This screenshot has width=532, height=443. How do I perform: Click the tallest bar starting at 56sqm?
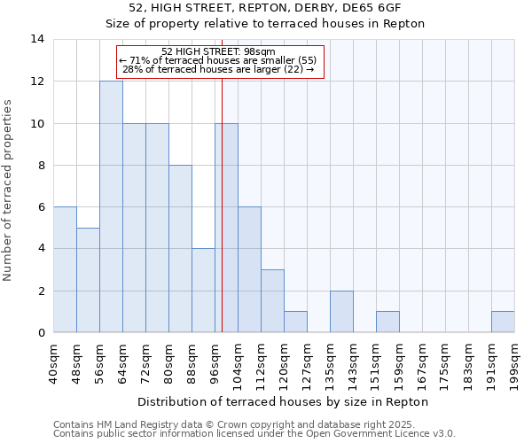[x=111, y=206]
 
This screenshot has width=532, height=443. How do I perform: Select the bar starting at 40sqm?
[x=65, y=269]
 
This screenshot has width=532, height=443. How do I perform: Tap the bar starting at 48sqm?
[x=88, y=280]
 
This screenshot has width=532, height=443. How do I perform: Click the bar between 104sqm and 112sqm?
[x=249, y=269]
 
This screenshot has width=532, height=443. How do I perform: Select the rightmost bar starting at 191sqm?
[x=503, y=323]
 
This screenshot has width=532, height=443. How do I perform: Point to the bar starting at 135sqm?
[x=341, y=312]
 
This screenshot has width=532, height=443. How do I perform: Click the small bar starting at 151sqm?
[x=387, y=323]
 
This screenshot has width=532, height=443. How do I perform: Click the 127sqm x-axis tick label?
[x=307, y=363]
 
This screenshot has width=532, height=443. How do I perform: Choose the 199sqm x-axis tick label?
[x=514, y=363]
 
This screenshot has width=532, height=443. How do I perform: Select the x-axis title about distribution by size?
[x=284, y=401]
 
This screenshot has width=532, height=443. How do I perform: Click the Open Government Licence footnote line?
[x=254, y=434]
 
